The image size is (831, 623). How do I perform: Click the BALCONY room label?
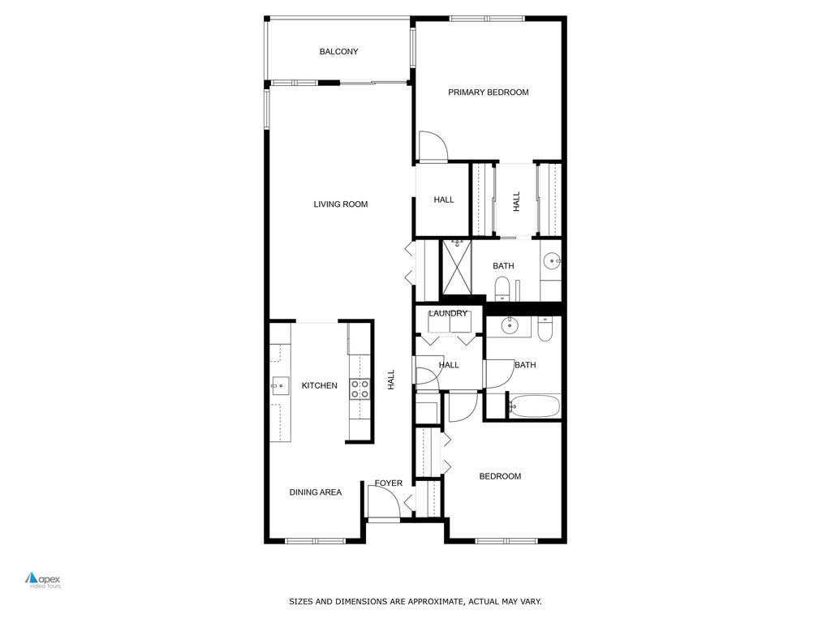click(x=338, y=52)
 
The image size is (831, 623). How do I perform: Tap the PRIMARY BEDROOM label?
click(x=489, y=92)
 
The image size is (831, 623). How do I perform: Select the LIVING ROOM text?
click(x=341, y=204)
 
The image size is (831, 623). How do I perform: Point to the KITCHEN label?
click(x=320, y=385)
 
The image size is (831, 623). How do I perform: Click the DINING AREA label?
click(x=316, y=492)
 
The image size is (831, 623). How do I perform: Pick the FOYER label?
click(x=389, y=483)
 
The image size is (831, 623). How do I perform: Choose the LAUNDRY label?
click(x=448, y=314)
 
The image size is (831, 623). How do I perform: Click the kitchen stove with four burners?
click(x=360, y=389)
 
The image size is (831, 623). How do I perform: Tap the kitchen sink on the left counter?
click(x=281, y=385)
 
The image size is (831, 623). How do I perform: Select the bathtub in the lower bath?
click(x=534, y=406)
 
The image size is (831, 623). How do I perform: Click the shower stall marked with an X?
click(x=456, y=266)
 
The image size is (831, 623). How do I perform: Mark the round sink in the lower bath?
click(x=510, y=326)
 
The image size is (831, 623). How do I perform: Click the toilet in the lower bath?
click(x=545, y=328)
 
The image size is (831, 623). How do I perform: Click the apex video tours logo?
click(x=43, y=580)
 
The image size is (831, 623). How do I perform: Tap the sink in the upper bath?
click(x=551, y=261)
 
